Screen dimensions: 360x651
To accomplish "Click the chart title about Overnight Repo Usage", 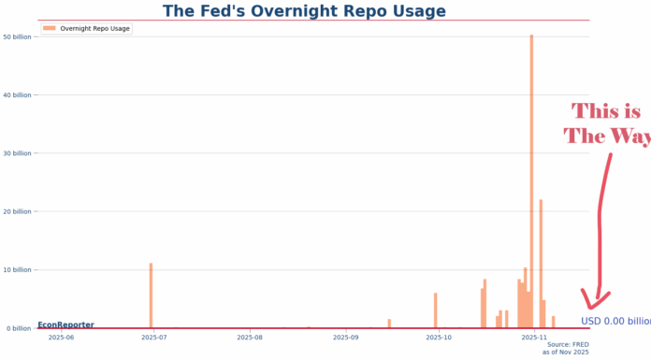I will (x=304, y=11).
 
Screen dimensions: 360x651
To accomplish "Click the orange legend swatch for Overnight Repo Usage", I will (x=50, y=29).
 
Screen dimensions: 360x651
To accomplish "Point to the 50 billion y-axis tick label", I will (x=18, y=36).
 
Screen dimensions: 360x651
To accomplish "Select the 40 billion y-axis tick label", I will (x=18, y=94).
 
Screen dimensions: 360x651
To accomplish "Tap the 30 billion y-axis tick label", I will (x=18, y=153).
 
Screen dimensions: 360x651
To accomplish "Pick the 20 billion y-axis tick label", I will (x=18, y=211).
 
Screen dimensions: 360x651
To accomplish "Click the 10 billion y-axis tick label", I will (x=18, y=270).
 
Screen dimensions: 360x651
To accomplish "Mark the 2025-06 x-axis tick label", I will (x=61, y=337).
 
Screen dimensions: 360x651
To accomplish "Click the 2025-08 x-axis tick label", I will (x=250, y=337).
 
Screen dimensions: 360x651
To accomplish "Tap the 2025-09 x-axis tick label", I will (x=346, y=337).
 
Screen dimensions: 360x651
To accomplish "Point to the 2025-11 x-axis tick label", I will (x=533, y=337).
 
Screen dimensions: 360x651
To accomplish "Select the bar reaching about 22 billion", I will (x=541, y=262).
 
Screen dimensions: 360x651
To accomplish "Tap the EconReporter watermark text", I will (x=65, y=324).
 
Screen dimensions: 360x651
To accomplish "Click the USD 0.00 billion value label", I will (x=615, y=322).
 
